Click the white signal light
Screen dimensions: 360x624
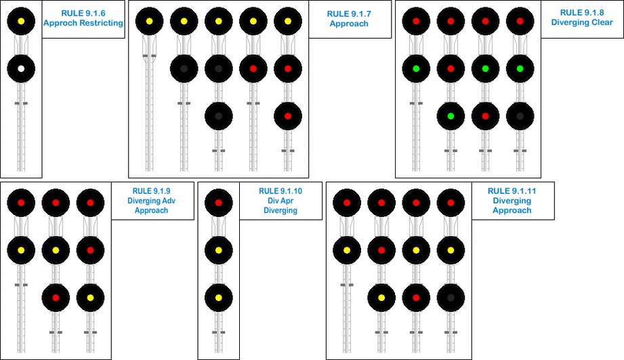[x=21, y=68]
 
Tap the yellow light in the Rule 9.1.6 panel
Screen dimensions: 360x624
[x=21, y=21]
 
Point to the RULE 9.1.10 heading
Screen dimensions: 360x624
[x=280, y=191]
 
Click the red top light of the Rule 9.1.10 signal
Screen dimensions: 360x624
[x=218, y=202]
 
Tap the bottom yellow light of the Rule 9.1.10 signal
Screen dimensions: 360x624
[x=218, y=297]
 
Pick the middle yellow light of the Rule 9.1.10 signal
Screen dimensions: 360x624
[x=218, y=250]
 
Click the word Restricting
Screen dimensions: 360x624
[x=100, y=22]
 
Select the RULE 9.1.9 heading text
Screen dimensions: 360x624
[x=151, y=191]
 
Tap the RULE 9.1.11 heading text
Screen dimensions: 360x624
[x=512, y=191]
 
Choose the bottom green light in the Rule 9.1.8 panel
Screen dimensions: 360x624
[x=451, y=116]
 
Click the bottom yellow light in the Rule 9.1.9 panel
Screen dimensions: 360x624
[x=90, y=297]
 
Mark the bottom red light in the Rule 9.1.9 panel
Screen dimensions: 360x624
[x=56, y=297]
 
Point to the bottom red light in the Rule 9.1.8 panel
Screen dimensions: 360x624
[x=485, y=116]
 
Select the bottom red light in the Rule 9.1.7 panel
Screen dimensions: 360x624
[x=287, y=116]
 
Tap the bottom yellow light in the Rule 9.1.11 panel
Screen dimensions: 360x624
[x=381, y=297]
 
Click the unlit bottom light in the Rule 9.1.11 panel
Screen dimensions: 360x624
[x=451, y=297]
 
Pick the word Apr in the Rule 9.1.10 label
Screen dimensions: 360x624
[x=280, y=201]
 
